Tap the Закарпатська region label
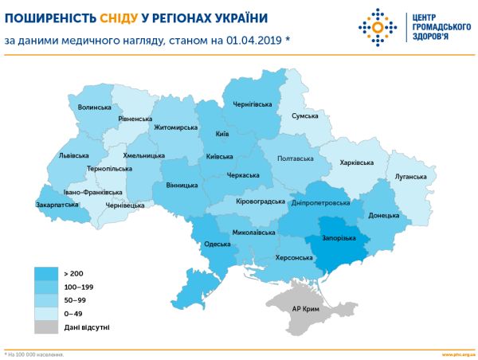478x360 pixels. point(58,204)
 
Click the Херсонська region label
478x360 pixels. point(293,258)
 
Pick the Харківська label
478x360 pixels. point(356,162)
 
